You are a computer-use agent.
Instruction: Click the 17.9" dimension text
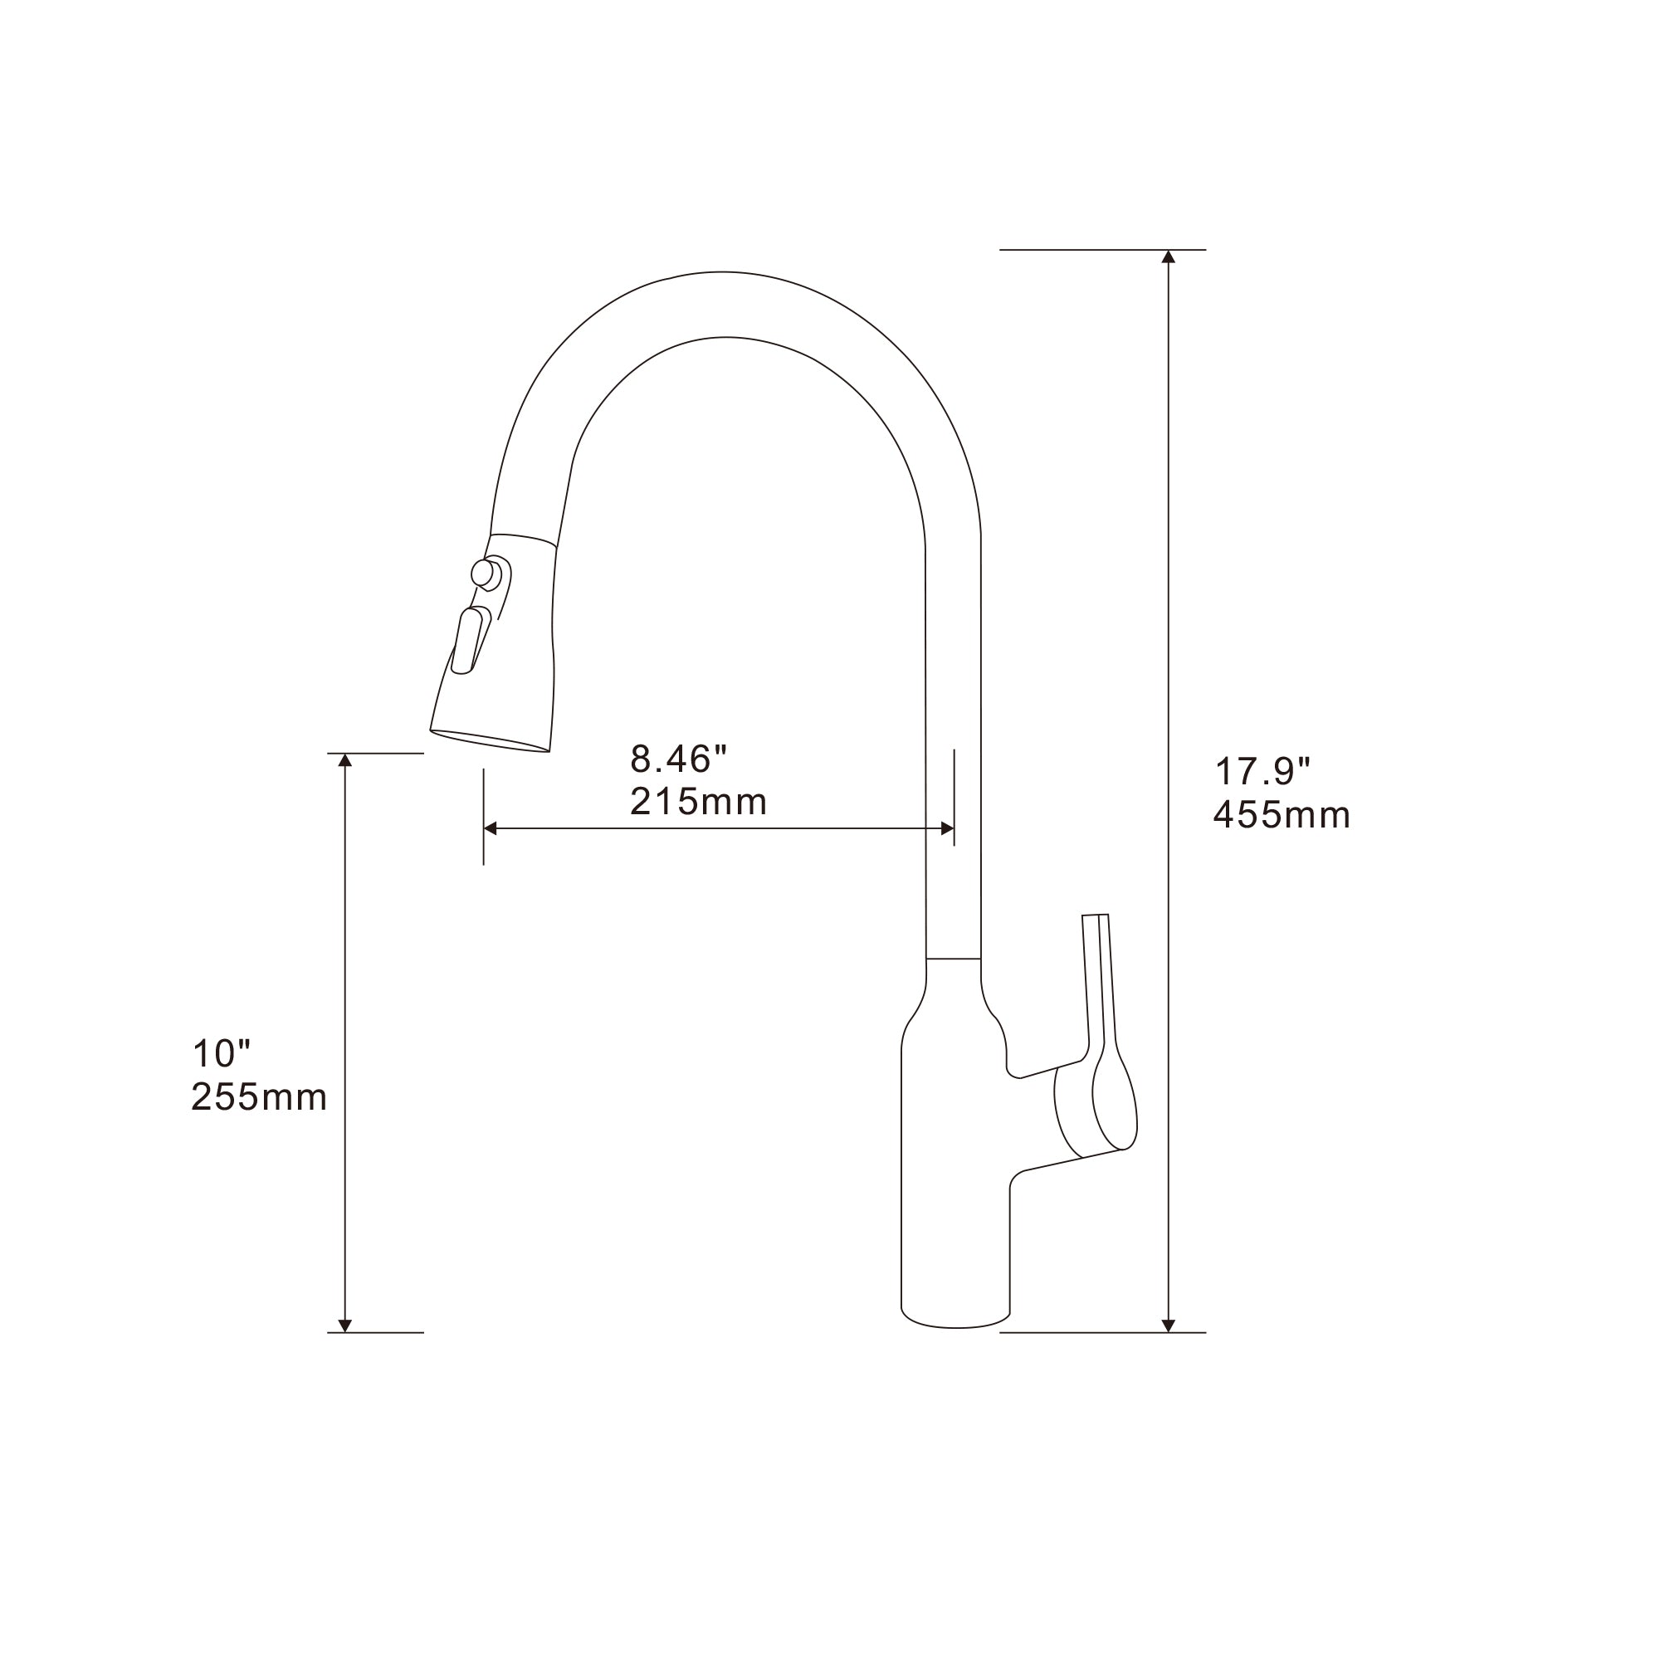(1262, 772)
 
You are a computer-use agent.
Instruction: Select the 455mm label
(1281, 815)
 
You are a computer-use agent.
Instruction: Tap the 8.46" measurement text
(678, 759)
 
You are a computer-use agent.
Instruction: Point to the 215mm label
(698, 802)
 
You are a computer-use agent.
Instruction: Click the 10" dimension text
(221, 1053)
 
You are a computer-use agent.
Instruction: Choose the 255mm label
(259, 1097)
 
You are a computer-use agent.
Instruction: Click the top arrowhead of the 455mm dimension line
(1169, 256)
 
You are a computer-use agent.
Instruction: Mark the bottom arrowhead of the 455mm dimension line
(1169, 1326)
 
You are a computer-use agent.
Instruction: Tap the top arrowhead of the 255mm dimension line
(345, 759)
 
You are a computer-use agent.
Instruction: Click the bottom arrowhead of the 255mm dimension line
(345, 1326)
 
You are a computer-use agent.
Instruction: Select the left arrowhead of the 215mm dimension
(491, 828)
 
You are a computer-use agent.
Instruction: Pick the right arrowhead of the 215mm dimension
(947, 828)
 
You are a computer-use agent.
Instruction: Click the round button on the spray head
(484, 573)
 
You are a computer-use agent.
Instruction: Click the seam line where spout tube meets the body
(953, 958)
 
